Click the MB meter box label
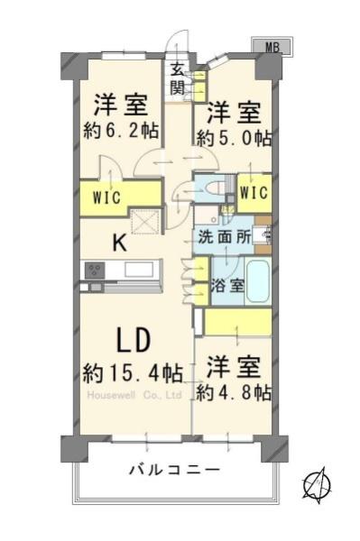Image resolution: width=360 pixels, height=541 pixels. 272,47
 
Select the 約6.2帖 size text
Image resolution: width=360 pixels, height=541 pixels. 121,131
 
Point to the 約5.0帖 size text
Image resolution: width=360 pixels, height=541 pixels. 234,139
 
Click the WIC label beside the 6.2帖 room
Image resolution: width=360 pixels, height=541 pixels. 106,197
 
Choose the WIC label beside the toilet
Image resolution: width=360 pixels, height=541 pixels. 254,193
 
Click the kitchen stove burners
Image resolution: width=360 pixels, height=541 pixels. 95,270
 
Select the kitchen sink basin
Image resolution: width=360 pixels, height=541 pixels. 139,269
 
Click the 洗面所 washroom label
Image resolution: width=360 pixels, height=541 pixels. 224,237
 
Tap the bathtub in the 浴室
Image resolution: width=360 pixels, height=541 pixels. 257,280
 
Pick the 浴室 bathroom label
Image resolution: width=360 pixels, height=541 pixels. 227,286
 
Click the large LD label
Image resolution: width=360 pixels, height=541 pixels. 134,340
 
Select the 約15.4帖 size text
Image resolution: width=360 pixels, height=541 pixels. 133,373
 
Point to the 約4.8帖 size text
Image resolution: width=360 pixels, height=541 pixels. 234,393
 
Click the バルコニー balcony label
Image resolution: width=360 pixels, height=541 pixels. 174,470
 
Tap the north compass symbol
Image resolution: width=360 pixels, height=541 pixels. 318,483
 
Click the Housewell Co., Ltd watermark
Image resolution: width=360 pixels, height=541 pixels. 134,396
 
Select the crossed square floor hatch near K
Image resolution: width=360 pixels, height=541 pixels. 145,222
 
